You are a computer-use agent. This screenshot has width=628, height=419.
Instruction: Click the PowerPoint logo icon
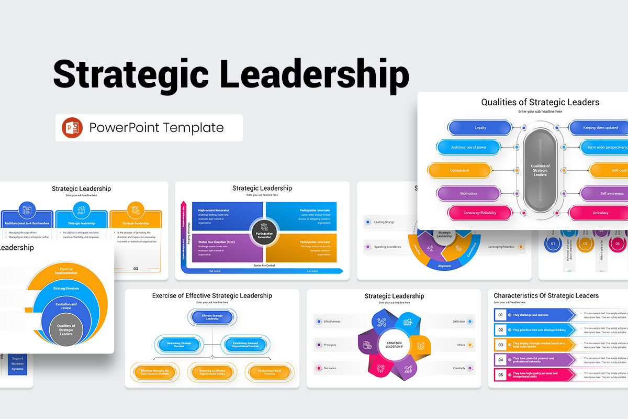pos(72,128)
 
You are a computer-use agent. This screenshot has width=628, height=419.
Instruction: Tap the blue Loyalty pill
pos(480,128)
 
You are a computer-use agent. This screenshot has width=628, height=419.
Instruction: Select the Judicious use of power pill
pos(468,147)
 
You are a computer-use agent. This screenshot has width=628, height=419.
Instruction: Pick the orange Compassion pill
pos(459,170)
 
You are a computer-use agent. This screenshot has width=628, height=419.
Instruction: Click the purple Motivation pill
pos(468,193)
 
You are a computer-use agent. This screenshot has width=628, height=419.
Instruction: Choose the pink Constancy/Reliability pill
pos(479,213)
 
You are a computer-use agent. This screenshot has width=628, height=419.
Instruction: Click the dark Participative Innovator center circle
pos(264,231)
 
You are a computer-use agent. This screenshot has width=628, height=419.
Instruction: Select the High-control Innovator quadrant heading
pos(214,211)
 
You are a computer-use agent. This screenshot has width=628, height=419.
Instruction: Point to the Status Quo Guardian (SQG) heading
pos(216,242)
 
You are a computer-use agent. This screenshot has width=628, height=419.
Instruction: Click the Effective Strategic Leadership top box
pos(212,316)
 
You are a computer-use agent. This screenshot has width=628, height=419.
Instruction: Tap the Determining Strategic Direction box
pos(179,345)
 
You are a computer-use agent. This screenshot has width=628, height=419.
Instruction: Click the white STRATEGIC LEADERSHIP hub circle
pos(394,345)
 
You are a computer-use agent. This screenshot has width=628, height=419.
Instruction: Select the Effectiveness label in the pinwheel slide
pos(332,322)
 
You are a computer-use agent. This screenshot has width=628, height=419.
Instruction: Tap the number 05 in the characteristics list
pos(500,374)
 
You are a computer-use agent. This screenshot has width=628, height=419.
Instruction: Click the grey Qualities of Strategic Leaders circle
pos(66,330)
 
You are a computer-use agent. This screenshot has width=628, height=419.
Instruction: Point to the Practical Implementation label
pos(66,271)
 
